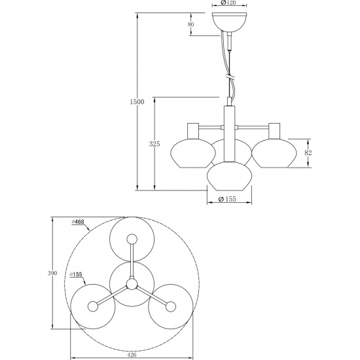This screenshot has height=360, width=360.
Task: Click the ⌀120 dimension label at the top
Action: coord(228,4)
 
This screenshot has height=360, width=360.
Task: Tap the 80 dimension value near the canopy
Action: coord(191,24)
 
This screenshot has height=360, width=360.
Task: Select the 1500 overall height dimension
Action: coord(135,102)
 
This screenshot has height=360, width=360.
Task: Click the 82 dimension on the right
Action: coord(308,153)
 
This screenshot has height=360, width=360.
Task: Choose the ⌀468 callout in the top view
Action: coord(79,222)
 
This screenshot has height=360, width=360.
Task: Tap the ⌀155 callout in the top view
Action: coord(76,274)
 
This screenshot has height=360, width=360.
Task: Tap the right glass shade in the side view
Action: coord(268,154)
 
